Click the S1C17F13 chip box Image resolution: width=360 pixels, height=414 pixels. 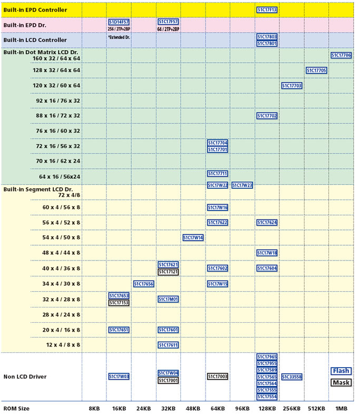(x=267, y=9)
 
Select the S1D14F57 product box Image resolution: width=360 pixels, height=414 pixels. (x=119, y=22)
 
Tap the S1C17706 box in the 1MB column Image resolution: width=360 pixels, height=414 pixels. (x=341, y=55)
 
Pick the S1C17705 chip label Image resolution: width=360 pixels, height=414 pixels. (x=316, y=71)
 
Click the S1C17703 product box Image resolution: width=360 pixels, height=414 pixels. (x=291, y=85)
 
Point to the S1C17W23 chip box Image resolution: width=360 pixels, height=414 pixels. (x=242, y=185)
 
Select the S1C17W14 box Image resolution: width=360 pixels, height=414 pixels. (x=193, y=238)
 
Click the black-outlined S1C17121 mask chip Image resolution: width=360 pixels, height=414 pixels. (x=168, y=272)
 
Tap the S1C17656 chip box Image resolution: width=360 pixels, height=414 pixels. (x=143, y=284)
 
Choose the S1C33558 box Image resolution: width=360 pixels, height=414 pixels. (x=291, y=377)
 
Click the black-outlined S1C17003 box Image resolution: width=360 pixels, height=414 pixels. (x=218, y=377)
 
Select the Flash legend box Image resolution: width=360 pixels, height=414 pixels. (x=341, y=371)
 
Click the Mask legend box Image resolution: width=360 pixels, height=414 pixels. (x=341, y=383)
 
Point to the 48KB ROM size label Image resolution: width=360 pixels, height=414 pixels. (x=193, y=409)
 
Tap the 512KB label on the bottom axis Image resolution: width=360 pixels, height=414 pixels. (x=316, y=409)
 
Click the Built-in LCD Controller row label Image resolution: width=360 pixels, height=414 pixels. (x=35, y=40)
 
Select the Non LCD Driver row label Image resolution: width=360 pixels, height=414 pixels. (x=25, y=377)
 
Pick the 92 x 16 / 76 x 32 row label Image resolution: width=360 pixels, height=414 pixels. (x=58, y=100)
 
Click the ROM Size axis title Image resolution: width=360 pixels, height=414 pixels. (x=16, y=409)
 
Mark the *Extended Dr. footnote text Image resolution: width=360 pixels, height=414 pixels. (x=119, y=37)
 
